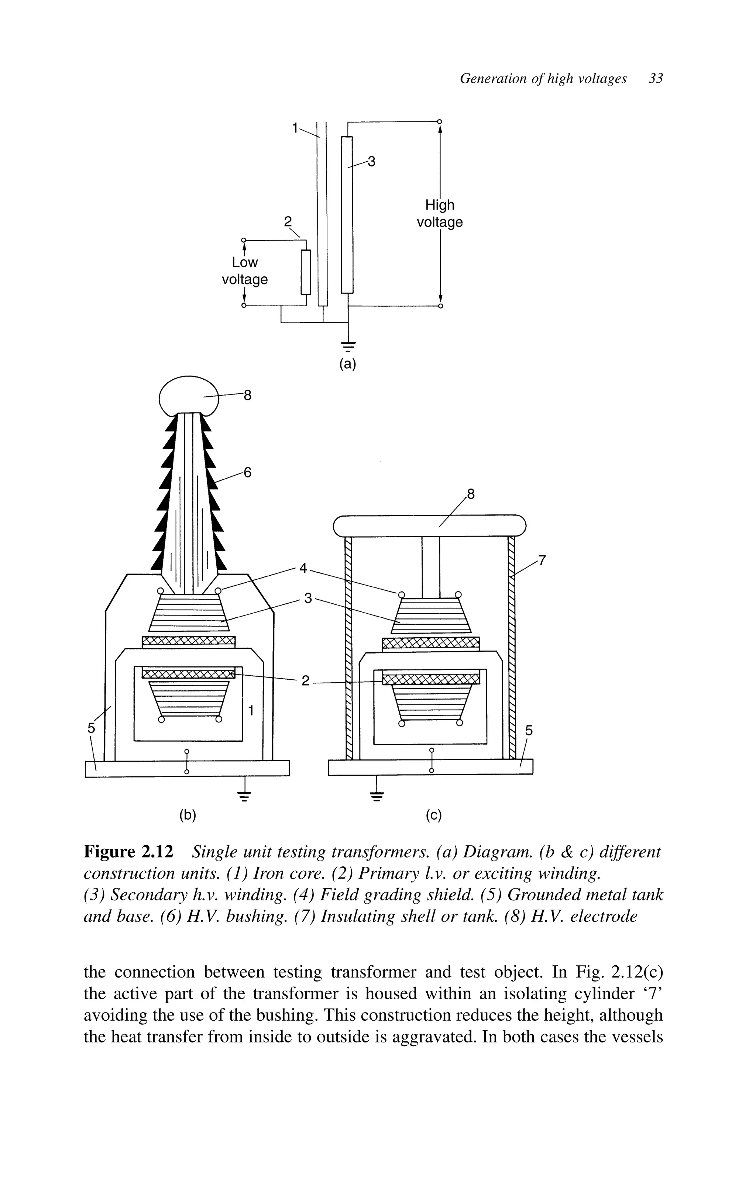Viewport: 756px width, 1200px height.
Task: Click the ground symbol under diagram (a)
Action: pos(348,344)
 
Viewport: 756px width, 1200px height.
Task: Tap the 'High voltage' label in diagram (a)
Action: pos(439,213)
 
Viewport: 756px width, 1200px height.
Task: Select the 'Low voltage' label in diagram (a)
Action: pos(244,270)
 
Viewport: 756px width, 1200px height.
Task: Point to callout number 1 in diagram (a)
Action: pos(295,128)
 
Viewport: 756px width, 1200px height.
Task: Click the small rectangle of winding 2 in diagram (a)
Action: pos(306,272)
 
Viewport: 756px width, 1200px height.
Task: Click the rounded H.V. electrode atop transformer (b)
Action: pos(188,395)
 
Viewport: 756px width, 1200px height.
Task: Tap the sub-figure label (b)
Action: pos(188,815)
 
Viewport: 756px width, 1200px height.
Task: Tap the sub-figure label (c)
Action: pos(433,815)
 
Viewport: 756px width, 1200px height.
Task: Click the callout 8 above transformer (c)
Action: pos(471,495)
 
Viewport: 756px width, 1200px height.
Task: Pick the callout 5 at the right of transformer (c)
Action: pos(529,731)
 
